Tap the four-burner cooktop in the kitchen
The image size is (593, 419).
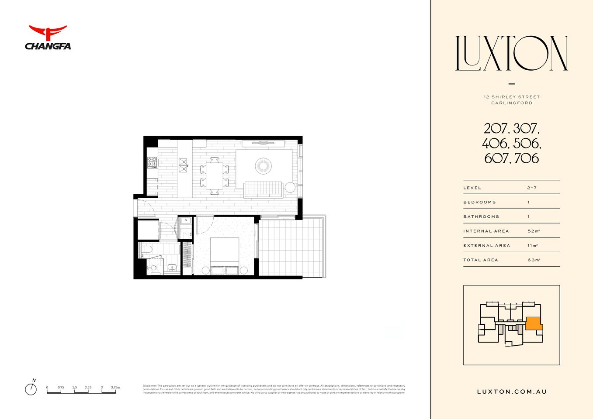(152, 163)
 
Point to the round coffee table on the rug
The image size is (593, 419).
(263, 166)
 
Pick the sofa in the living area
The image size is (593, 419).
(263, 189)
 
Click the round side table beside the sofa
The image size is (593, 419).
(290, 187)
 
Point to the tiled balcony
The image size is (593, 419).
(291, 247)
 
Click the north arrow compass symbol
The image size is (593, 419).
(31, 388)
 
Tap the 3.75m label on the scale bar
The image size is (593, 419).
(115, 388)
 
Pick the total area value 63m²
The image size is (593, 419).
(534, 260)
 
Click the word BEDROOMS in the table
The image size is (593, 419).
(479, 202)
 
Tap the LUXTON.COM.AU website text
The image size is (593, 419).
(512, 392)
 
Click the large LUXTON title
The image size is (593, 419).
(511, 53)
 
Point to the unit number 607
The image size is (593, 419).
(496, 158)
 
